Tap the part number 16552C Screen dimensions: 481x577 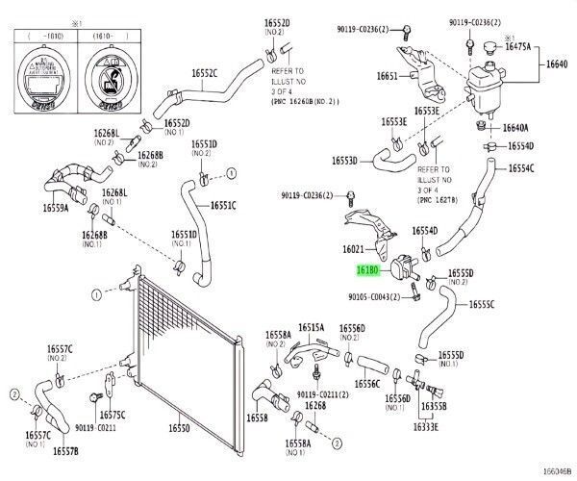[x=204, y=72]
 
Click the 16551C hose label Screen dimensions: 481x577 [x=223, y=205]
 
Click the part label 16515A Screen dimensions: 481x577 [x=311, y=328]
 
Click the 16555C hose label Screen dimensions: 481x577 [x=482, y=305]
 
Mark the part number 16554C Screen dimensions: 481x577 [x=520, y=168]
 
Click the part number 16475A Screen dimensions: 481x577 [x=516, y=46]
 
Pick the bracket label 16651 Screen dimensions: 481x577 [x=387, y=75]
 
